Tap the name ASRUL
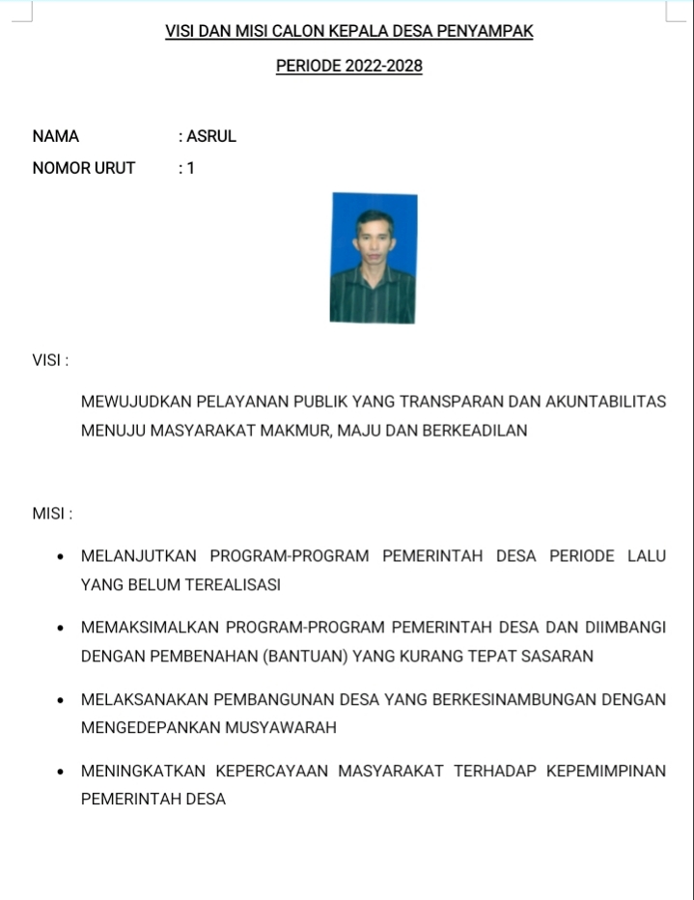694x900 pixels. [211, 136]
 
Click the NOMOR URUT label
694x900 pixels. [84, 168]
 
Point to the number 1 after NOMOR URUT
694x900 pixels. [191, 168]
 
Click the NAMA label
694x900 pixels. [56, 136]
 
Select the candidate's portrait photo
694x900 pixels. [374, 258]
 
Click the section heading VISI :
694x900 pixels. [50, 360]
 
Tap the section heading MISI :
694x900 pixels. [52, 514]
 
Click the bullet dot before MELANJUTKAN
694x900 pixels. [61, 556]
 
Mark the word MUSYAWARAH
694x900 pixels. [280, 728]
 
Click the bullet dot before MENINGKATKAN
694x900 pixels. [61, 772]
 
